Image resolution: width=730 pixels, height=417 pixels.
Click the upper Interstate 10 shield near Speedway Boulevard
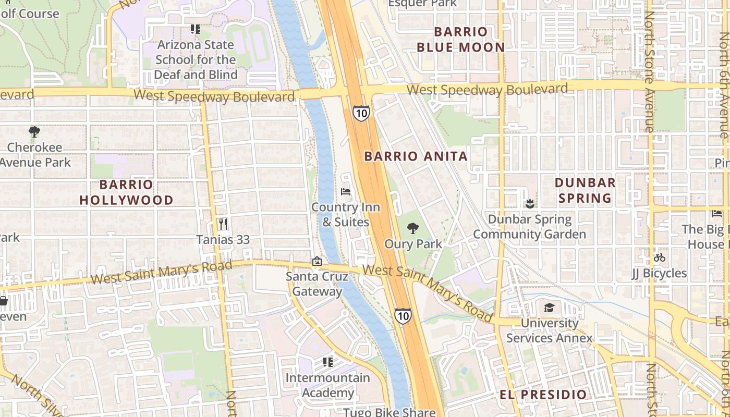(x=360, y=113)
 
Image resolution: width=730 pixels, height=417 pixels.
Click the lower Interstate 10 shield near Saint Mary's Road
(x=403, y=315)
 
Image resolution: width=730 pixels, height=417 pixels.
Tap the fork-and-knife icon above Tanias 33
(x=223, y=224)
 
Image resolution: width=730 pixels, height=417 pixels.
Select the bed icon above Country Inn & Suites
(x=346, y=192)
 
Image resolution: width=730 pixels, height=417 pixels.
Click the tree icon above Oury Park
(x=413, y=228)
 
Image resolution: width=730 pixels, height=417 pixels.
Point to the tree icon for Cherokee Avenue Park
(x=34, y=132)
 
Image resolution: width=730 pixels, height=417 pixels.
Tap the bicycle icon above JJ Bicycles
(x=659, y=257)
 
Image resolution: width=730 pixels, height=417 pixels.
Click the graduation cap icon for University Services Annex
(x=549, y=308)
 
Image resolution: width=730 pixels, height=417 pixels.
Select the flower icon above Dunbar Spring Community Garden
(x=530, y=203)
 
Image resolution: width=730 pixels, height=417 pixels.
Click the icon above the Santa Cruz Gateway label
(x=317, y=261)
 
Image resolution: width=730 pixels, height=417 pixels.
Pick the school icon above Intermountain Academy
(x=327, y=362)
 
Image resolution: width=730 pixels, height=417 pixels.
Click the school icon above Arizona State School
(x=195, y=29)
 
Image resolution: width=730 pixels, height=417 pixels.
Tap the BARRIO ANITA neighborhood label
(x=416, y=156)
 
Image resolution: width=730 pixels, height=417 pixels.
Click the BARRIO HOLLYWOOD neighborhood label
(x=126, y=192)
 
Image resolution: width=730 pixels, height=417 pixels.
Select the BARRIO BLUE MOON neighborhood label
(x=461, y=40)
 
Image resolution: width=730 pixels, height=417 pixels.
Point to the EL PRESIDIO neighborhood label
(x=543, y=394)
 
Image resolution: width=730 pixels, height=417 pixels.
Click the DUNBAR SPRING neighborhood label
(x=585, y=190)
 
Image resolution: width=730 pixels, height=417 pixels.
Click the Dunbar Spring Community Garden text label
(x=529, y=227)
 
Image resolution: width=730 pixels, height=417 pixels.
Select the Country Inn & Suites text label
(x=346, y=215)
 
